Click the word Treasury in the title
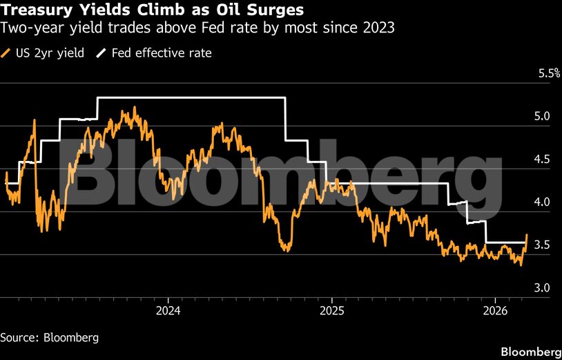[x=34, y=11]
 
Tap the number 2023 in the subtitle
[x=380, y=28]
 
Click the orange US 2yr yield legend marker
[x=7, y=53]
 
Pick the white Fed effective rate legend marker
[x=103, y=53]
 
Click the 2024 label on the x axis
[x=168, y=310]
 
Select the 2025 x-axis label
[x=331, y=310]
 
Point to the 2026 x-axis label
[x=496, y=310]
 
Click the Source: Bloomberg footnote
[x=49, y=338]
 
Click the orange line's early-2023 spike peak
[x=34, y=121]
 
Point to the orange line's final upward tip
[x=527, y=235]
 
